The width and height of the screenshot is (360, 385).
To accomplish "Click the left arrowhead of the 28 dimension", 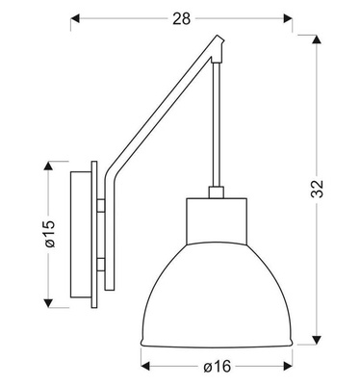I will point(76,17).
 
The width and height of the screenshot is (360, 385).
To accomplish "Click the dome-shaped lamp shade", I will point(216,289).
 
